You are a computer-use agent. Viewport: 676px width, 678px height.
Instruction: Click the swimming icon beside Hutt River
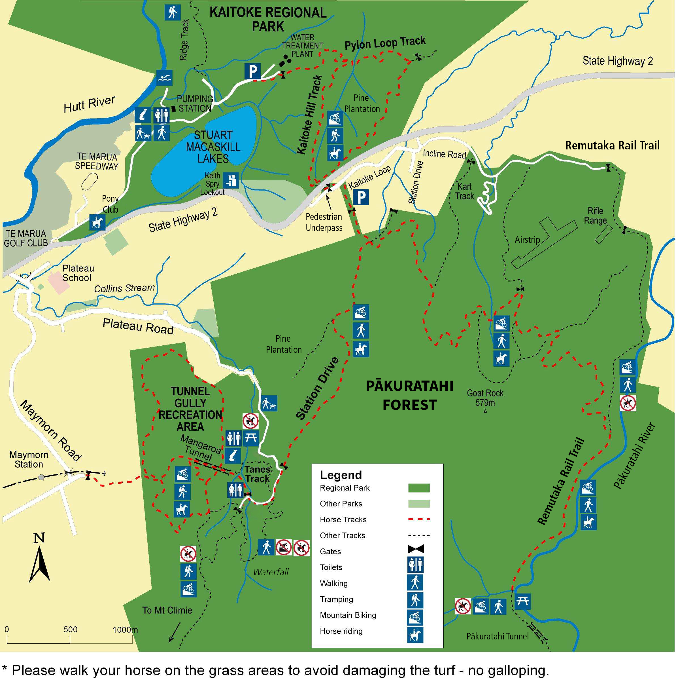[x=164, y=78]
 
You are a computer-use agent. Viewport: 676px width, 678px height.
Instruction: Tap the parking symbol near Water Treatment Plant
[x=252, y=71]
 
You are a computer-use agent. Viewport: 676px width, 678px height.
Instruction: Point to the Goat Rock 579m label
[x=485, y=398]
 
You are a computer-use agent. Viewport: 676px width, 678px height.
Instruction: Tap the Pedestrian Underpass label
[x=324, y=222]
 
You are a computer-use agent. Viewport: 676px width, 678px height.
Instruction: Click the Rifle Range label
[x=595, y=216]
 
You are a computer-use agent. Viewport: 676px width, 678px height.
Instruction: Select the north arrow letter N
[x=39, y=538]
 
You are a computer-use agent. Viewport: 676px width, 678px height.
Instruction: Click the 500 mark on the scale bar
[x=70, y=629]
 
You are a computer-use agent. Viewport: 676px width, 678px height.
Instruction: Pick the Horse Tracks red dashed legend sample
[x=419, y=519]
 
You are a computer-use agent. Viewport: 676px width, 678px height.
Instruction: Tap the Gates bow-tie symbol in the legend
[x=416, y=549]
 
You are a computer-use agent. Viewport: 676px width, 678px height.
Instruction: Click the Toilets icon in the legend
[x=415, y=565]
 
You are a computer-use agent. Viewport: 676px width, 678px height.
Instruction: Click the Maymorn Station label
[x=29, y=459]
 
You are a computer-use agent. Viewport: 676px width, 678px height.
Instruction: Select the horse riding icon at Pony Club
[x=97, y=222]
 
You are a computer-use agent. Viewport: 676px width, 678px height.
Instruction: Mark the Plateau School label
[x=78, y=273]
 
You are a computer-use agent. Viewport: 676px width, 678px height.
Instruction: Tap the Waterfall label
[x=271, y=572]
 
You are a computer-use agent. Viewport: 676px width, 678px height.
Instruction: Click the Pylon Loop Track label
[x=385, y=43]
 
